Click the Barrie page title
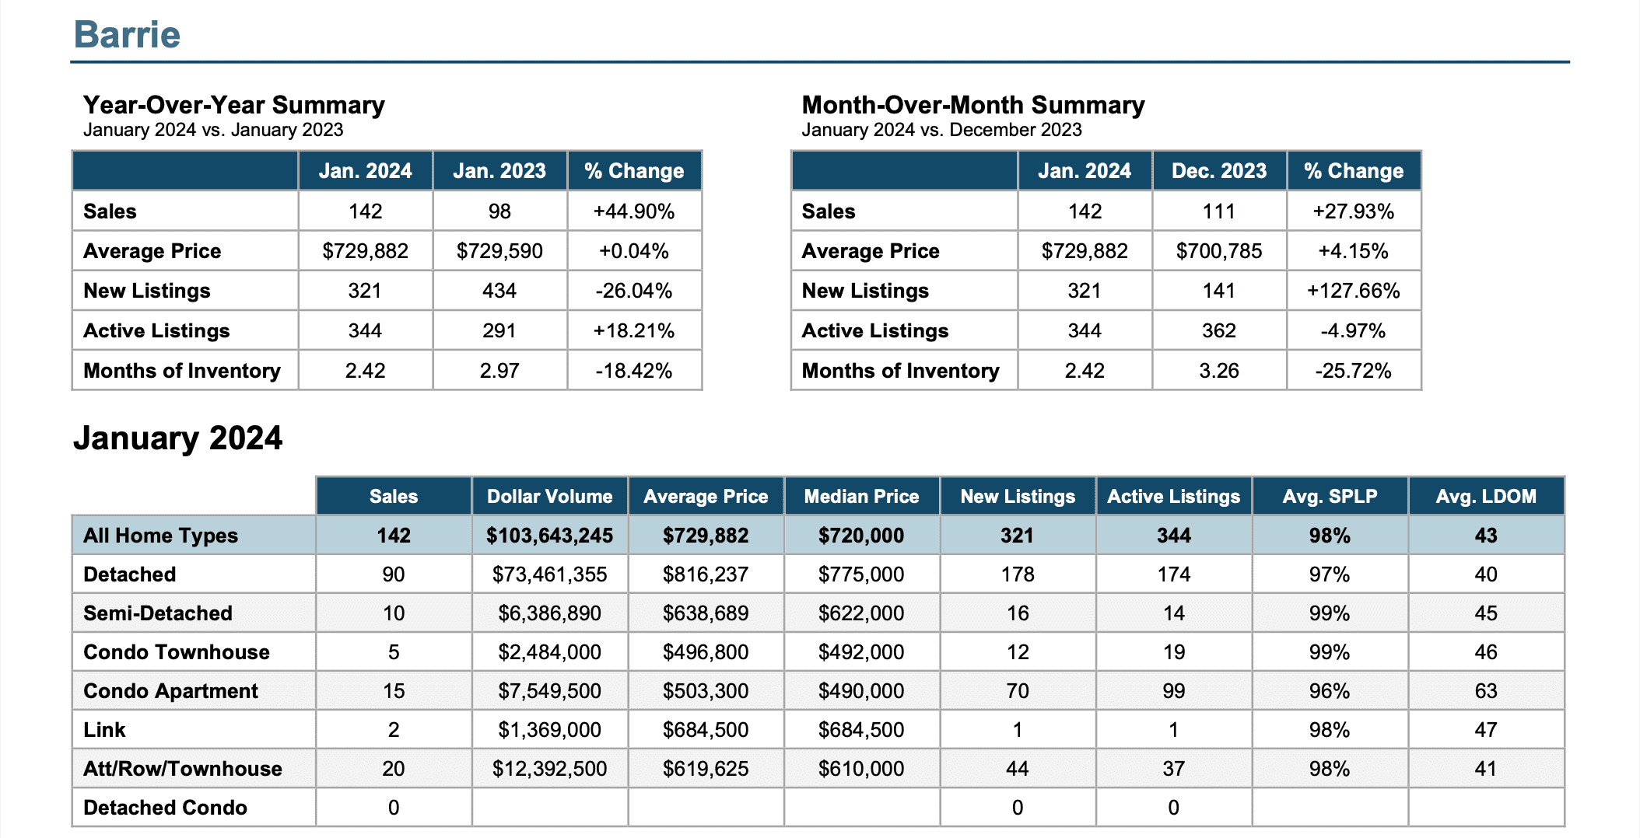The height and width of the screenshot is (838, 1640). (x=127, y=34)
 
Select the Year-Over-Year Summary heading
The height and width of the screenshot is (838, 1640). (x=234, y=105)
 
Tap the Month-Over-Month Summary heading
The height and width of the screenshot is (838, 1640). (x=973, y=105)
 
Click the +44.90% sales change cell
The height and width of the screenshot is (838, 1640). (x=634, y=211)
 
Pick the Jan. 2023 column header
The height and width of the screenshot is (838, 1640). (x=499, y=171)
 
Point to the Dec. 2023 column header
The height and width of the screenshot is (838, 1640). (x=1219, y=171)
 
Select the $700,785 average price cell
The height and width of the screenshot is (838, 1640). (x=1219, y=251)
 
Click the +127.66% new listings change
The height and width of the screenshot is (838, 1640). (x=1354, y=291)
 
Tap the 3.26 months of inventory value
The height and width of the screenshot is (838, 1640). (x=1219, y=371)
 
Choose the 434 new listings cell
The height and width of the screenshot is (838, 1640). (x=499, y=291)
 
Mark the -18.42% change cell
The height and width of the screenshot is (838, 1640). (x=634, y=371)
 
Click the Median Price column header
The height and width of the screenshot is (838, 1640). (x=861, y=497)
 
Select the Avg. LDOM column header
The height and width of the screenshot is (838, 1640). (x=1486, y=497)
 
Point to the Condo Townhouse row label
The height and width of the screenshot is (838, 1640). (x=177, y=652)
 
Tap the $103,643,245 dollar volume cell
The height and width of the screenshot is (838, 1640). (x=549, y=536)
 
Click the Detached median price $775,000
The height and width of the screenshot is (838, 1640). (x=861, y=574)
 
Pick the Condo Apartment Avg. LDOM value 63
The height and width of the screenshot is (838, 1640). (x=1486, y=691)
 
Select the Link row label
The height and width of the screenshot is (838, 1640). (x=104, y=730)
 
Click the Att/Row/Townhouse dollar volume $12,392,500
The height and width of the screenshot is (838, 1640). (x=549, y=769)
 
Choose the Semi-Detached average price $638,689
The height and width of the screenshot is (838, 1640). (x=706, y=613)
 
